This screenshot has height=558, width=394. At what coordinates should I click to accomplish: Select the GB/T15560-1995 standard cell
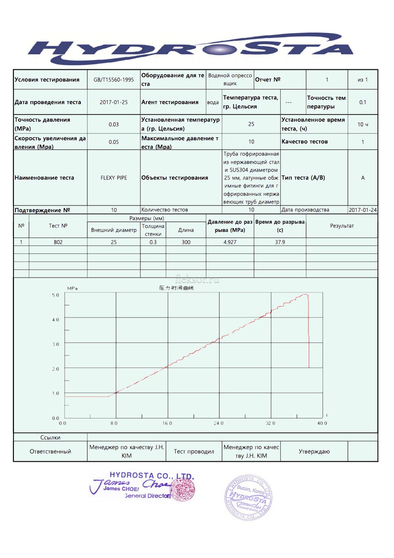113,80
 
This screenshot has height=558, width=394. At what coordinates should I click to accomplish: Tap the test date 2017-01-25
113,102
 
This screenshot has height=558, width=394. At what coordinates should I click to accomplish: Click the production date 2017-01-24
362,210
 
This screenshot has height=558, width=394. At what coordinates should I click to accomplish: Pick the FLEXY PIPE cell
113,178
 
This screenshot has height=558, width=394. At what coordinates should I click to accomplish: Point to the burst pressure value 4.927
230,242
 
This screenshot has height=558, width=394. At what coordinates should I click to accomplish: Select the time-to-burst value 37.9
280,242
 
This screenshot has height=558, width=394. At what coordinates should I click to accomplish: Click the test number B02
58,242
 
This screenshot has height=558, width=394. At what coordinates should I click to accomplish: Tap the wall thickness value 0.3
153,242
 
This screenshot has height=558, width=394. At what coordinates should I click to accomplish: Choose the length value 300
186,242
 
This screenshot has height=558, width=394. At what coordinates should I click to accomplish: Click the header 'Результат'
341,226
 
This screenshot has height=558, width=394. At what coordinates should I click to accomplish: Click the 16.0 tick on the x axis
167,423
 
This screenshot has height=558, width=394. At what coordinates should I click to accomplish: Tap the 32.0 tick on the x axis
270,423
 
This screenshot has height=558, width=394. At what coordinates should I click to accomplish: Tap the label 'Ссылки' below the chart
50,437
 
